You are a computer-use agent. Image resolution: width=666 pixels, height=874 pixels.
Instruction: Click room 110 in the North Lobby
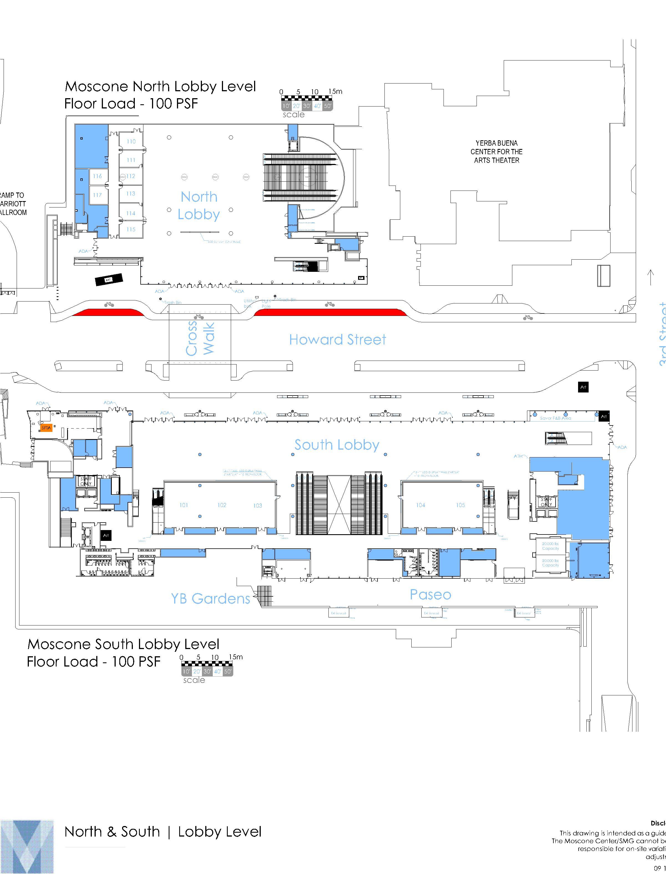pyautogui.click(x=131, y=141)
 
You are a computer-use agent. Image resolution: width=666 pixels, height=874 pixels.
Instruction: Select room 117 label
pyautogui.click(x=97, y=195)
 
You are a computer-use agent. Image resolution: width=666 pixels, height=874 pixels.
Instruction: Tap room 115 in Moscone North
pyautogui.click(x=131, y=229)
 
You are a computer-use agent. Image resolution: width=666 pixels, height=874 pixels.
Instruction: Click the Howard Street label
pyautogui.click(x=337, y=340)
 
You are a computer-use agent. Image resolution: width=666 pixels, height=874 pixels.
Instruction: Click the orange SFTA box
pyautogui.click(x=46, y=428)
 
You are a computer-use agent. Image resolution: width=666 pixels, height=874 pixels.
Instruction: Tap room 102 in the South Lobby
pyautogui.click(x=222, y=505)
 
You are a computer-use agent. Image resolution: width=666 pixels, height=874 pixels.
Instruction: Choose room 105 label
pyautogui.click(x=460, y=505)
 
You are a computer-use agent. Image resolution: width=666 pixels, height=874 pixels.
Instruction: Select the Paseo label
pyautogui.click(x=430, y=595)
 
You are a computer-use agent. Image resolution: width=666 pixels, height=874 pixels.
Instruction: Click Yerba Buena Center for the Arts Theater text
pyautogui.click(x=496, y=152)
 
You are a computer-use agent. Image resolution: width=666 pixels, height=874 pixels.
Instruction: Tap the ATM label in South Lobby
pyautogui.click(x=518, y=456)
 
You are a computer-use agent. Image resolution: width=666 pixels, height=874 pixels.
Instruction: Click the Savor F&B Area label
pyautogui.click(x=555, y=418)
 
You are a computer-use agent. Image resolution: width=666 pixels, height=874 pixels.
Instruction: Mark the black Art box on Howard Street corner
pyautogui.click(x=583, y=387)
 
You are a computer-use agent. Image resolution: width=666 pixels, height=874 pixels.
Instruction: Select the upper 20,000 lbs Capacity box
pyautogui.click(x=550, y=546)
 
